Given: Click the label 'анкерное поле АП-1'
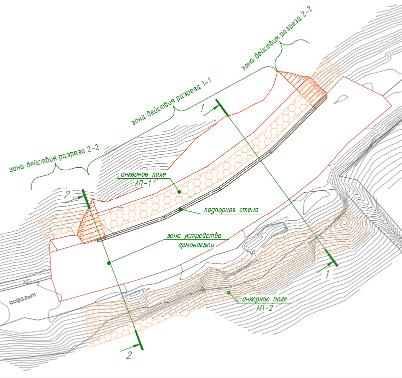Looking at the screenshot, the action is click(143, 178).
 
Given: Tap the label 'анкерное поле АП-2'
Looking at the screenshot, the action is click(265, 303).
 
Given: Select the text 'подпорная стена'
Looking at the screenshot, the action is click(231, 210).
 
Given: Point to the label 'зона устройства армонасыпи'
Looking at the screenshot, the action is click(194, 240).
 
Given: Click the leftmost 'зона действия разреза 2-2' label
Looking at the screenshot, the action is click(55, 158).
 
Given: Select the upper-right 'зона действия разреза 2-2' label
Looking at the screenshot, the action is click(277, 38).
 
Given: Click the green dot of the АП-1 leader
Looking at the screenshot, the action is click(179, 192).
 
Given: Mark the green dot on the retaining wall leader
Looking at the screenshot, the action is click(181, 209).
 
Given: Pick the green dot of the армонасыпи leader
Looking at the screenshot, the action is click(109, 263).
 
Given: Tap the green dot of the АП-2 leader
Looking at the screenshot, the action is click(228, 292).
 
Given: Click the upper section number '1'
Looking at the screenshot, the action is click(203, 108).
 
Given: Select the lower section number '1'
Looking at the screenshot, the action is click(327, 275).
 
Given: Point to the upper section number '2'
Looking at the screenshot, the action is click(67, 195).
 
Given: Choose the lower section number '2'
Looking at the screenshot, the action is click(129, 355).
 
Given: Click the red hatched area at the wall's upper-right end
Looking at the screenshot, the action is click(302, 85).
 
